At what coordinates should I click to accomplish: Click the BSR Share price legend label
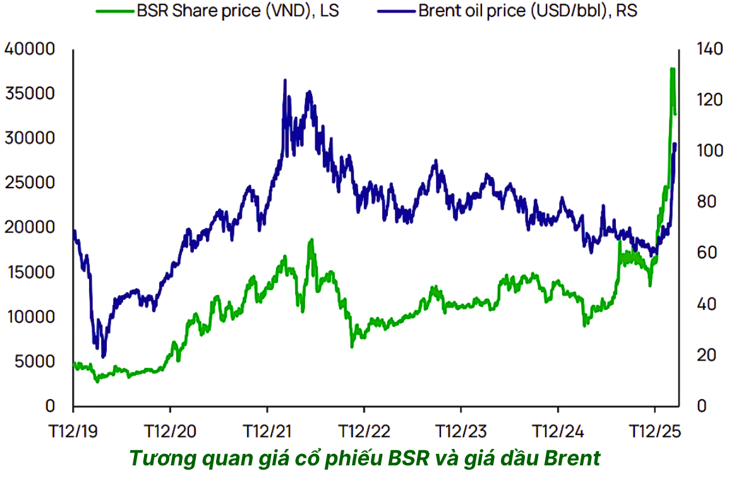click(x=238, y=12)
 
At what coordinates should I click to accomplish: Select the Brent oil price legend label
click(x=527, y=12)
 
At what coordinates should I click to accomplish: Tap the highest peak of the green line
click(x=672, y=69)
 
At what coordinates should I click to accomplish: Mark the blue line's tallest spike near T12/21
click(x=285, y=80)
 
